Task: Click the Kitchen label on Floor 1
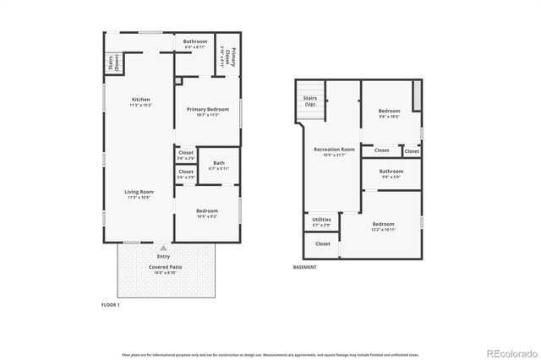pyautogui.click(x=140, y=101)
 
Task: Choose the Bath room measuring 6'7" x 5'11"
pyautogui.click(x=219, y=166)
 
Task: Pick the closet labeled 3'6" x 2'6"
pyautogui.click(x=186, y=155)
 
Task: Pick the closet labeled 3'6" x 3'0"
pyautogui.click(x=186, y=174)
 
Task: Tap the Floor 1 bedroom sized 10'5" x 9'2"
pyautogui.click(x=207, y=213)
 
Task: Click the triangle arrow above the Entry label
pyautogui.click(x=163, y=248)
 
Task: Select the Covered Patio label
pyautogui.click(x=166, y=269)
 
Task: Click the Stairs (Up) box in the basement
pyautogui.click(x=310, y=101)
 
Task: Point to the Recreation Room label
pyautogui.click(x=334, y=152)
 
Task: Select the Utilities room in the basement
pyautogui.click(x=322, y=222)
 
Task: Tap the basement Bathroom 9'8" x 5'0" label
pyautogui.click(x=391, y=173)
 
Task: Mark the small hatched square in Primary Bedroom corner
pyautogui.click(x=178, y=81)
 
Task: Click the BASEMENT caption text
pyautogui.click(x=305, y=267)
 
